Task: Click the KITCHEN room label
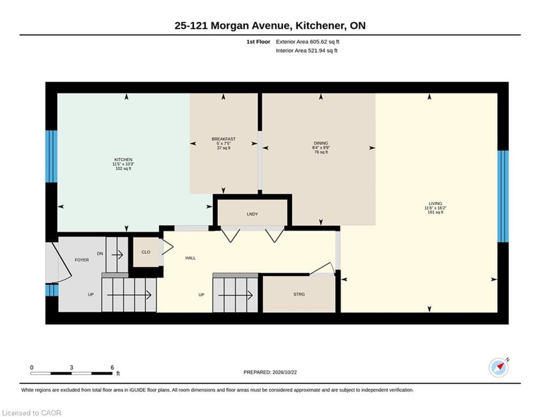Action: [x=123, y=160]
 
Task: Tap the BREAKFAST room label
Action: [x=224, y=139]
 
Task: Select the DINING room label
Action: [x=321, y=143]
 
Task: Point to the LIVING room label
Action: [x=435, y=203]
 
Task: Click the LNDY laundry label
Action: [x=252, y=214]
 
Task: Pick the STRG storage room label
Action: [x=299, y=294]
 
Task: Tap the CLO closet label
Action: [x=146, y=252]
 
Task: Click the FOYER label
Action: [x=81, y=260]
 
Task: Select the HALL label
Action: [x=190, y=258]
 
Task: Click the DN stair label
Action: [x=100, y=254]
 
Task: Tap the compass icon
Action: [x=499, y=368]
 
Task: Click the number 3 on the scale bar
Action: [x=72, y=368]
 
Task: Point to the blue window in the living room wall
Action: [x=503, y=197]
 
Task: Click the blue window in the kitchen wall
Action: [x=52, y=156]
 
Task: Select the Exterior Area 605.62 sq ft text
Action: [x=308, y=42]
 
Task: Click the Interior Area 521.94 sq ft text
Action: [x=307, y=50]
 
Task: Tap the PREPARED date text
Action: [x=270, y=372]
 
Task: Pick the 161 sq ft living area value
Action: [x=435, y=212]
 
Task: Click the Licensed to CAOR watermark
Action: [x=31, y=413]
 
